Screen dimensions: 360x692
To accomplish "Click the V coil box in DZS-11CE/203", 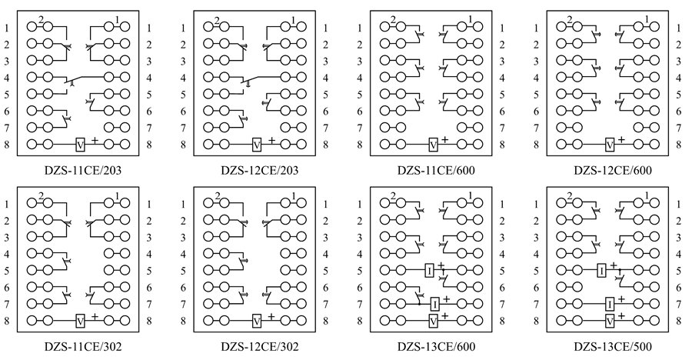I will tap(81, 144).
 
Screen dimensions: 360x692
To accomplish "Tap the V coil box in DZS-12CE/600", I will tap(610, 144).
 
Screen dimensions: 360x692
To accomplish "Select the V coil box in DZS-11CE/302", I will tap(81, 319).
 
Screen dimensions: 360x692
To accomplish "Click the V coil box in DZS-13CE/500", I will tap(610, 319).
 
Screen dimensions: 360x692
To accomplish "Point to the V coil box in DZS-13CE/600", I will tap(434, 319).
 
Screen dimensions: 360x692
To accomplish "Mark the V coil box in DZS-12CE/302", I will tap(257, 319).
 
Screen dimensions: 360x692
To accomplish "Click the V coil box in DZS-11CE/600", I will tap(434, 144).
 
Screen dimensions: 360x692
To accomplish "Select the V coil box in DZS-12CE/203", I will tap(258, 144).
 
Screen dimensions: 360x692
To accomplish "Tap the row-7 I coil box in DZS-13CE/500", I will tap(610, 303).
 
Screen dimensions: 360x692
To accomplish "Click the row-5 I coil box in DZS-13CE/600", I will tap(428, 270).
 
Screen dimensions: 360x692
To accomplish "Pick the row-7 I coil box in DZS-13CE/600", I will tap(434, 303).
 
